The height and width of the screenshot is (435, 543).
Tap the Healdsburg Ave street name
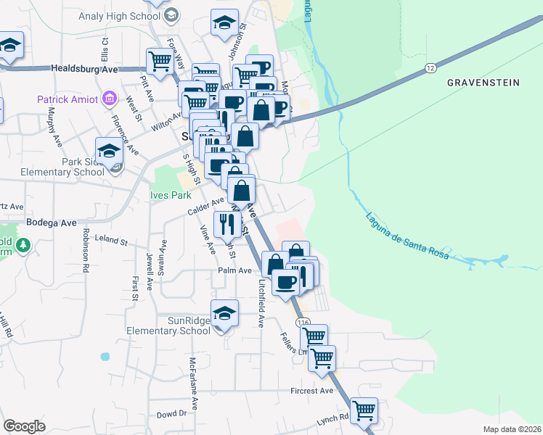pyautogui.click(x=84, y=68)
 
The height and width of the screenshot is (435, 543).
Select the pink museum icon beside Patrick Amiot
pyautogui.click(x=110, y=98)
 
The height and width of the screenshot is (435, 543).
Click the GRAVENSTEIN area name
pyautogui.click(x=483, y=83)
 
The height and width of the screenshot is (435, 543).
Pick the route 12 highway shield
pyautogui.click(x=430, y=68)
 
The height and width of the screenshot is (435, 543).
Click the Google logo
pyautogui.click(x=24, y=426)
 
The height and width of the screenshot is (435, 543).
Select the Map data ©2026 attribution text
pyautogui.click(x=513, y=429)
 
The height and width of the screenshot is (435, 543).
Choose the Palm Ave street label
pyautogui.click(x=234, y=270)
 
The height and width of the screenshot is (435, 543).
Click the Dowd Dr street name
pyautogui.click(x=172, y=414)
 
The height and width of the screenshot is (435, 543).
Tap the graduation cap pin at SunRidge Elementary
pyautogui.click(x=225, y=312)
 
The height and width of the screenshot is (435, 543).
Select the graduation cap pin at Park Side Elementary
pyautogui.click(x=109, y=151)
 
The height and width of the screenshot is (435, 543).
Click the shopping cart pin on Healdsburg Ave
pyautogui.click(x=159, y=59)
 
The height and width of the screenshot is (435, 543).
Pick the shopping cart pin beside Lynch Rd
pyautogui.click(x=364, y=410)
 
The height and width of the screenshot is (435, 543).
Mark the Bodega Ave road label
pyautogui.click(x=51, y=223)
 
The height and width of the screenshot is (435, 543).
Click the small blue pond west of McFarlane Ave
pyautogui.click(x=106, y=357)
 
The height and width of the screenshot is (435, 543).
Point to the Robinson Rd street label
pyautogui.click(x=85, y=250)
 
